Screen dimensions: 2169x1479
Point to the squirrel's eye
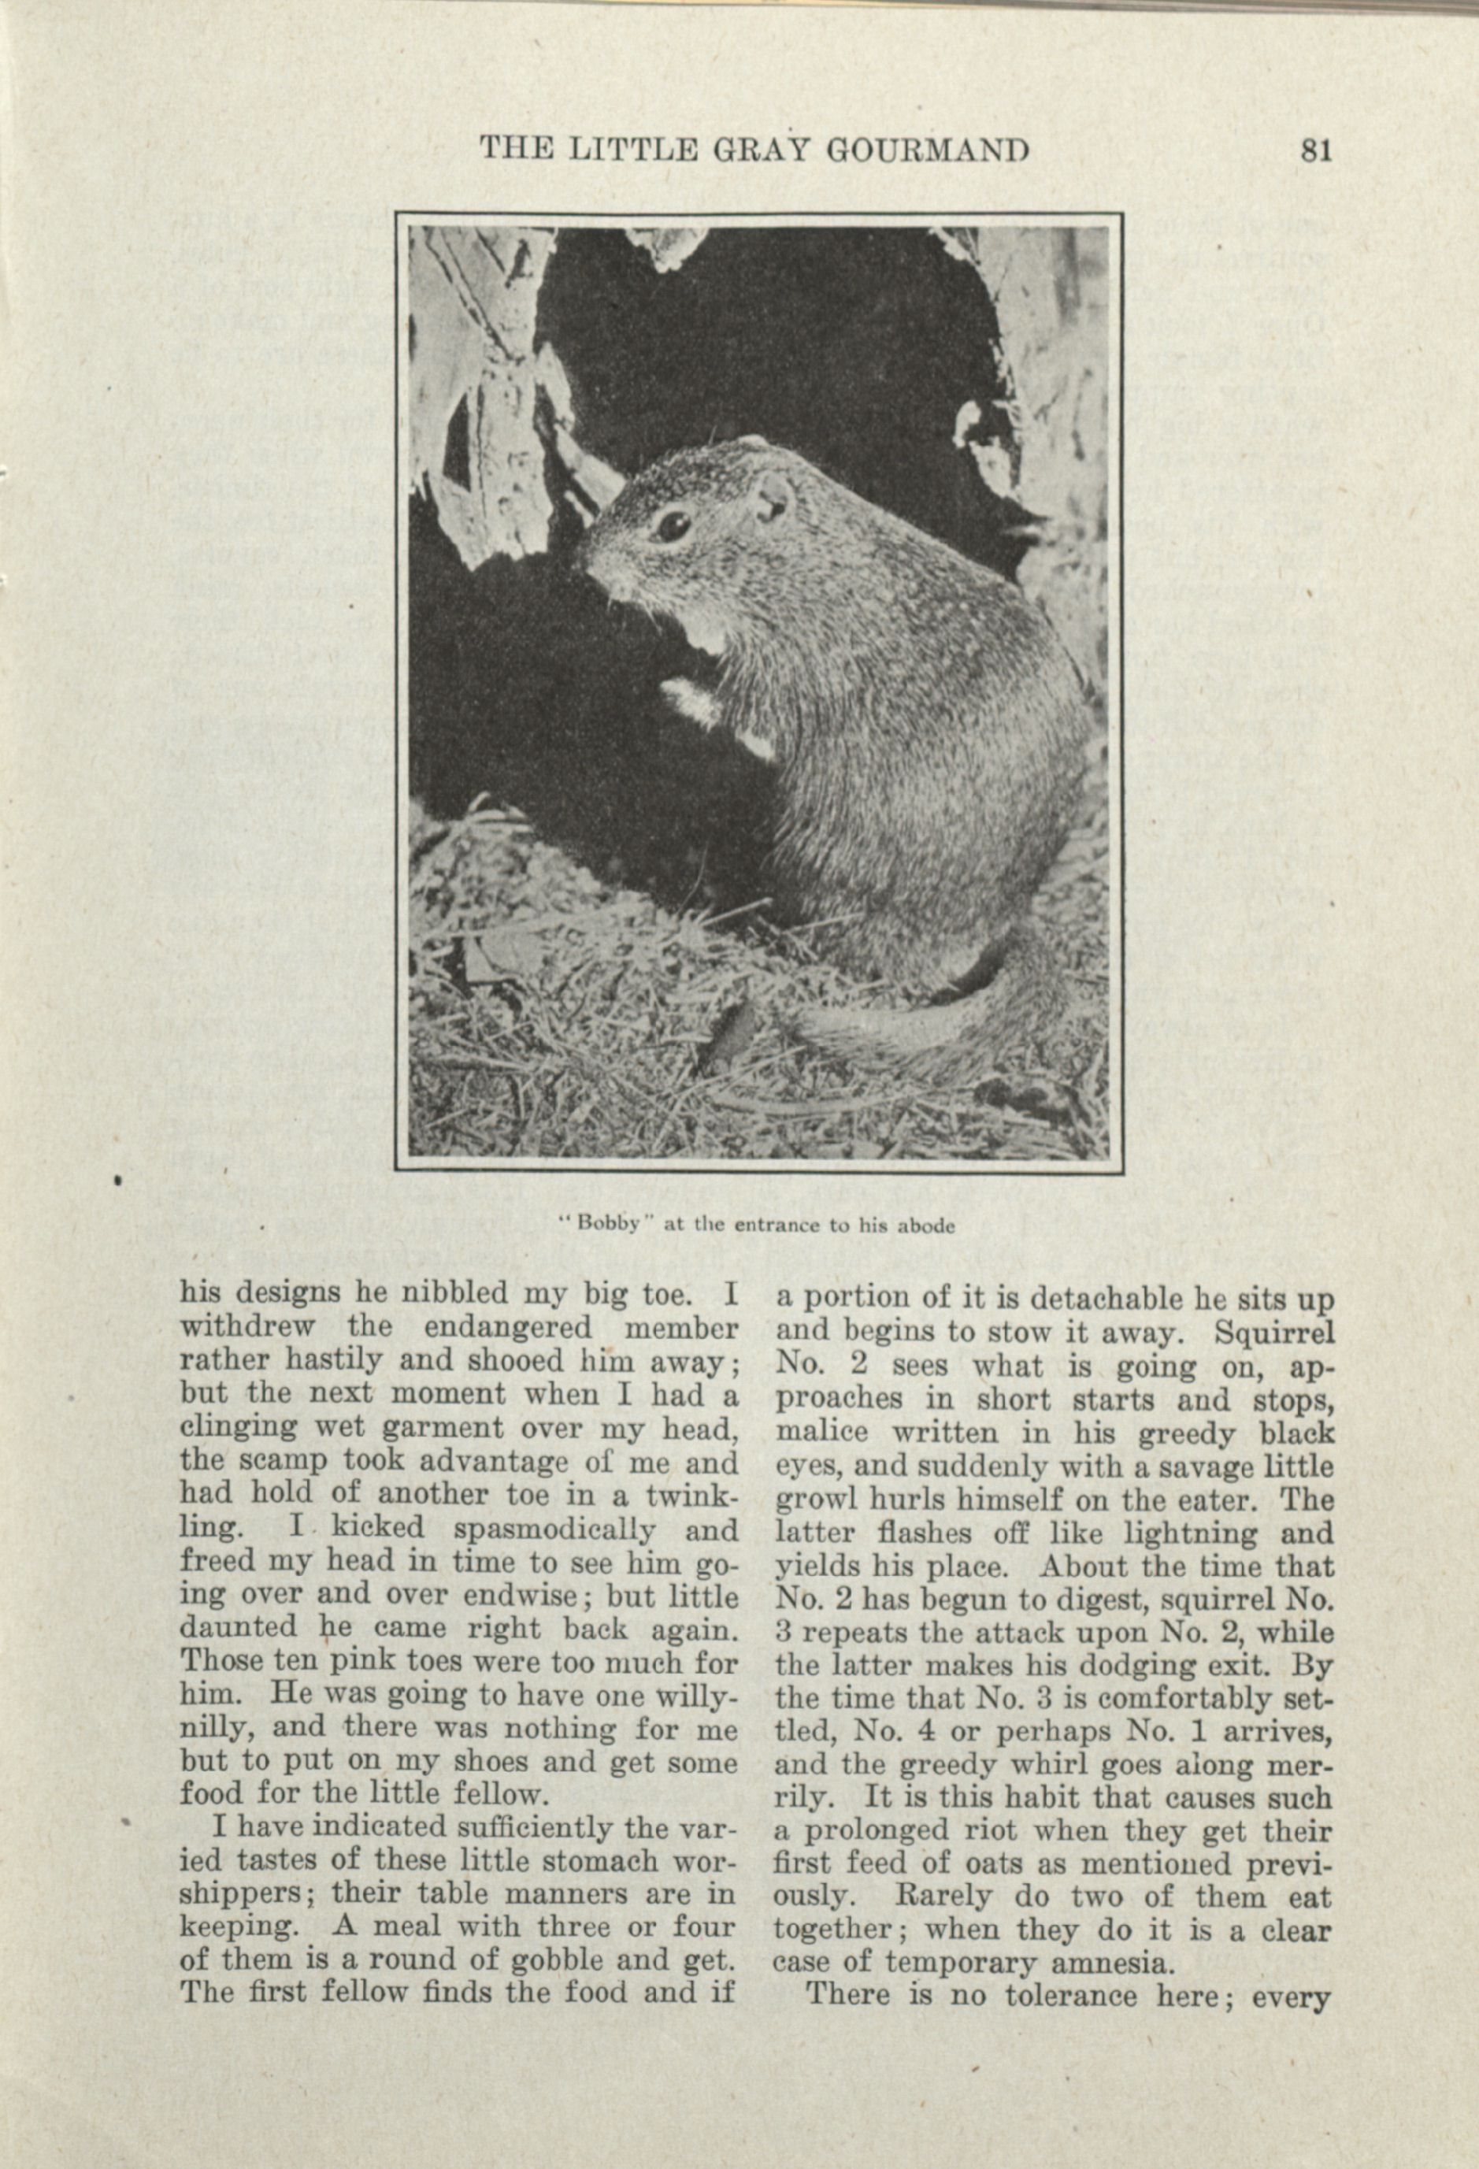click(x=672, y=525)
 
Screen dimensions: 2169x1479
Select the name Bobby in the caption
click(x=606, y=1225)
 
